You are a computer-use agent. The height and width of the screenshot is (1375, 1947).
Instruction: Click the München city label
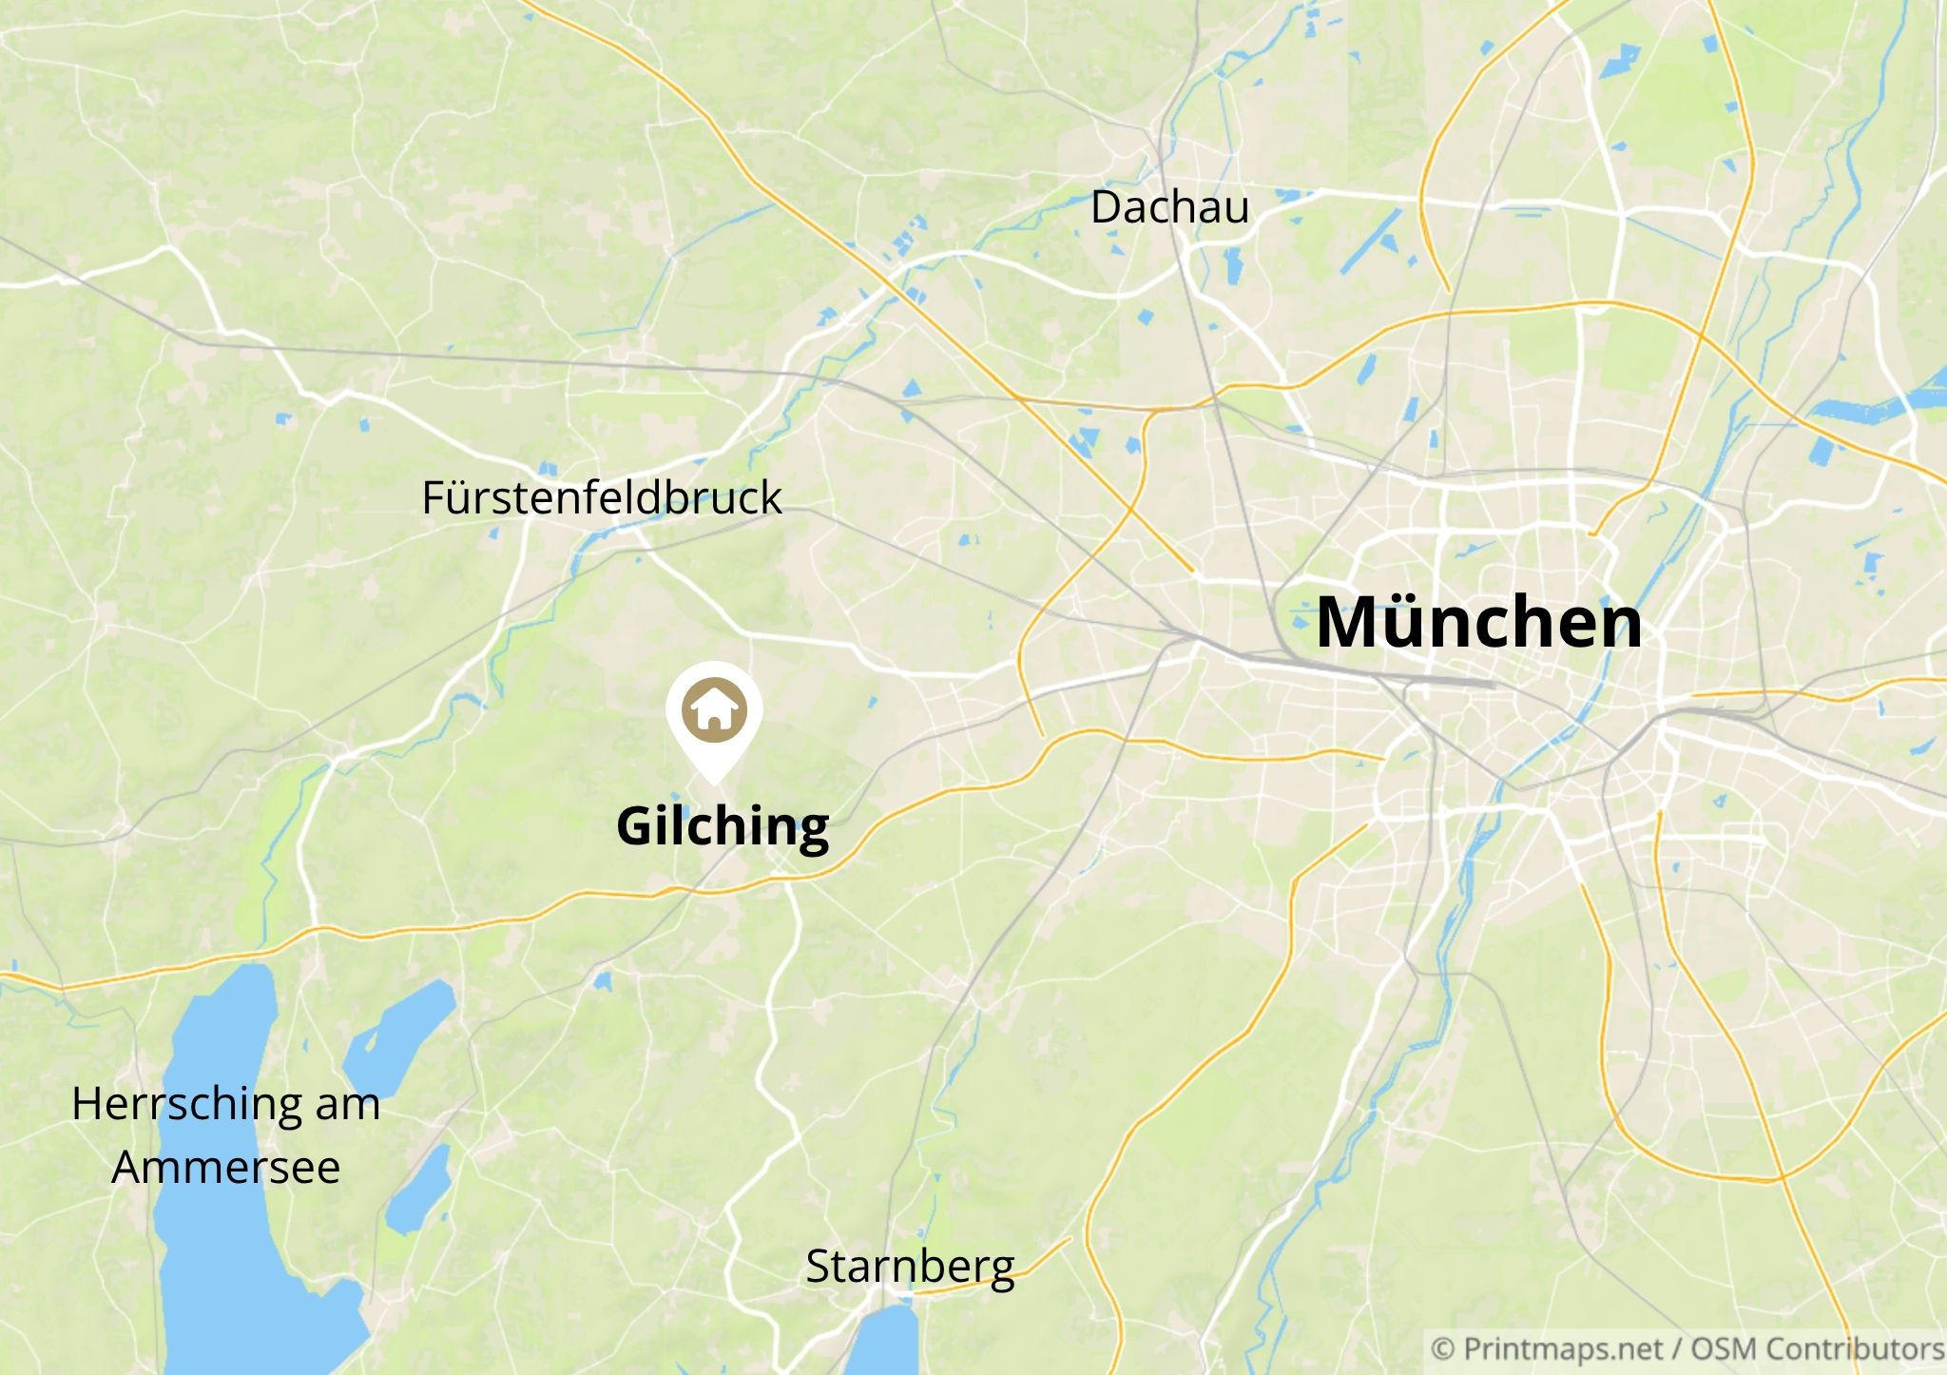click(x=1478, y=622)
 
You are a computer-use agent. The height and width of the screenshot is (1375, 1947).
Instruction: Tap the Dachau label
click(x=1169, y=207)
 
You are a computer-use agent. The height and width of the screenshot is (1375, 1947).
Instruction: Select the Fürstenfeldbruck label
click(x=601, y=497)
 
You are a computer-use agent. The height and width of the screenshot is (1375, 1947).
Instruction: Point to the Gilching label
click(x=723, y=825)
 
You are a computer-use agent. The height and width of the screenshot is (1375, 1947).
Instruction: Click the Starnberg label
click(x=910, y=1267)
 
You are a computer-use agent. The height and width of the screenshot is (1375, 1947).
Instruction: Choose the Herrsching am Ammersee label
click(x=226, y=1134)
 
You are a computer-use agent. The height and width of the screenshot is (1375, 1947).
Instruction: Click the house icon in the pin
click(x=713, y=708)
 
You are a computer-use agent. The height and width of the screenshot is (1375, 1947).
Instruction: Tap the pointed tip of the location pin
click(x=713, y=784)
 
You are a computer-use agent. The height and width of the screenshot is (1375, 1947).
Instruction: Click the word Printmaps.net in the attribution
click(x=1563, y=1349)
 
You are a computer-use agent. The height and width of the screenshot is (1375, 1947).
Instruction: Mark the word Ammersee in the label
click(x=226, y=1167)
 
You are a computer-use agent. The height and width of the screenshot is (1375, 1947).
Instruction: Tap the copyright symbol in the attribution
click(x=1442, y=1349)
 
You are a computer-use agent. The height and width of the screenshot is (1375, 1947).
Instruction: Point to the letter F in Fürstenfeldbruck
click(x=434, y=497)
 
